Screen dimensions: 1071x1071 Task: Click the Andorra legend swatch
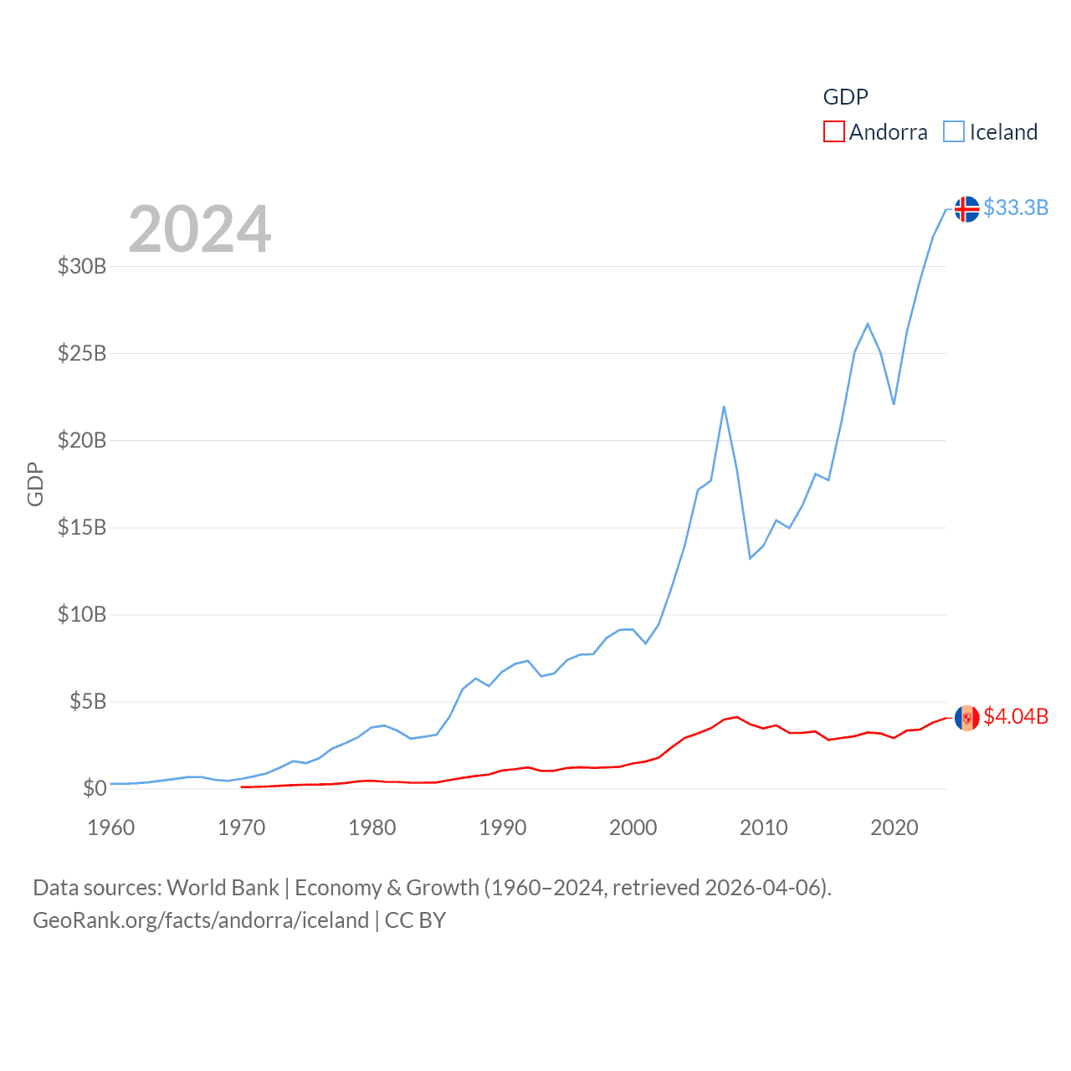pyautogui.click(x=834, y=132)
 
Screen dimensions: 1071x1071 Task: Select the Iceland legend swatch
pyautogui.click(x=954, y=132)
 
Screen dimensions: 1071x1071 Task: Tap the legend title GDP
pyautogui.click(x=845, y=97)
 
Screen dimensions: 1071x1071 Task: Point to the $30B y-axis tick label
pyautogui.click(x=82, y=266)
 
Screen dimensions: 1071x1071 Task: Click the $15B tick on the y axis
pyautogui.click(x=82, y=527)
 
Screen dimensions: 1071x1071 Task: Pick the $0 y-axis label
pyautogui.click(x=95, y=788)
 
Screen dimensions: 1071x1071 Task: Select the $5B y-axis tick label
pyautogui.click(x=88, y=701)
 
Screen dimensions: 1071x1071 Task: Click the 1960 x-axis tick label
pyautogui.click(x=111, y=828)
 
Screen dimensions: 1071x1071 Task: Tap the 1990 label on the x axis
pyautogui.click(x=503, y=828)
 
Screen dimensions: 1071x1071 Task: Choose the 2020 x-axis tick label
pyautogui.click(x=894, y=828)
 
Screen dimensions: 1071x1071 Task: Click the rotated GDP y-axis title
pyautogui.click(x=35, y=484)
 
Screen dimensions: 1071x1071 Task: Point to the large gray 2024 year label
pyautogui.click(x=200, y=229)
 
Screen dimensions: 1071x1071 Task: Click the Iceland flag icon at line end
pyautogui.click(x=966, y=208)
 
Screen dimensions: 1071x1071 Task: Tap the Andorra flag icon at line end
pyautogui.click(x=966, y=718)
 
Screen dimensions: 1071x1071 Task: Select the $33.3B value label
pyautogui.click(x=1016, y=208)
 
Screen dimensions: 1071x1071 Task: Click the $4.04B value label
pyautogui.click(x=1016, y=716)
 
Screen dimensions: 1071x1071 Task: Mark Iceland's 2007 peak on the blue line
pyautogui.click(x=724, y=407)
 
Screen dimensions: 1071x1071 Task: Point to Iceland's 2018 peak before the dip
pyautogui.click(x=868, y=324)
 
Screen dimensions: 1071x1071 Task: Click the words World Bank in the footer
pyautogui.click(x=223, y=887)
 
